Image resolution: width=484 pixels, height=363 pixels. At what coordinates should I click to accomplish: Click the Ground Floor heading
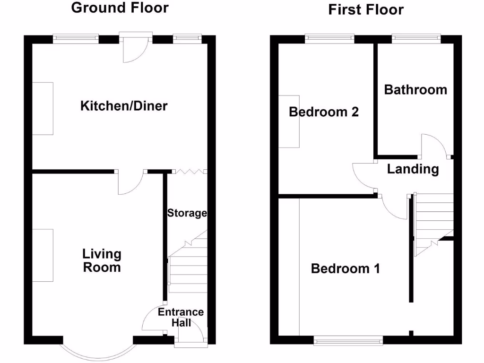[x=120, y=8]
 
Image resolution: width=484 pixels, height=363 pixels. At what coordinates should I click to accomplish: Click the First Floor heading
[x=366, y=9]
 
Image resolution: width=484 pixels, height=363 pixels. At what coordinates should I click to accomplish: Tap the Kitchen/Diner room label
[x=124, y=105]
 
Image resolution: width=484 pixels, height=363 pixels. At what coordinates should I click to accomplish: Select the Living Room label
[x=102, y=260]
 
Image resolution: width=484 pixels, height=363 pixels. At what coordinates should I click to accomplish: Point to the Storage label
[x=187, y=213]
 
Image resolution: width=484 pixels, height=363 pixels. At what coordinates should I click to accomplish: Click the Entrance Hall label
[x=181, y=317]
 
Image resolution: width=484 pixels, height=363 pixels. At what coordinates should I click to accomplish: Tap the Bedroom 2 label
[x=324, y=112]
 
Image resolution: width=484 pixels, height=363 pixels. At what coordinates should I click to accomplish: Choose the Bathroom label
[x=415, y=90]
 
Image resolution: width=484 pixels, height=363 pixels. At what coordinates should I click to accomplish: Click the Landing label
[x=413, y=169]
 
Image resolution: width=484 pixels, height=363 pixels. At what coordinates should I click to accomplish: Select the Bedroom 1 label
[x=345, y=269]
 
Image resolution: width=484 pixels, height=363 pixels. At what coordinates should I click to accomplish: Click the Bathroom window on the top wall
[x=416, y=37]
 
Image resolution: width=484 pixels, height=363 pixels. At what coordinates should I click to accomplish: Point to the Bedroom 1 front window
[x=348, y=339]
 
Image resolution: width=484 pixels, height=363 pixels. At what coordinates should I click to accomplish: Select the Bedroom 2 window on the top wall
[x=329, y=37]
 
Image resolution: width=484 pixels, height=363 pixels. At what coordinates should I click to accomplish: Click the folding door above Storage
[x=189, y=172]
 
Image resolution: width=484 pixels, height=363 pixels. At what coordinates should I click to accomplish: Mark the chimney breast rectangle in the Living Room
[x=43, y=255]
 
